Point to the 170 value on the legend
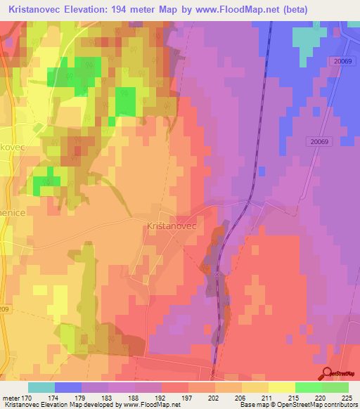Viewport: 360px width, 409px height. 28,398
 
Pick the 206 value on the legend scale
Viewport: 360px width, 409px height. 229,398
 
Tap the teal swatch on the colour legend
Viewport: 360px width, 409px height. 41,387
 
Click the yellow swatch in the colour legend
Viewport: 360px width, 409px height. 282,387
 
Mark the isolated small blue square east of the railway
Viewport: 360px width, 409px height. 262,171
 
